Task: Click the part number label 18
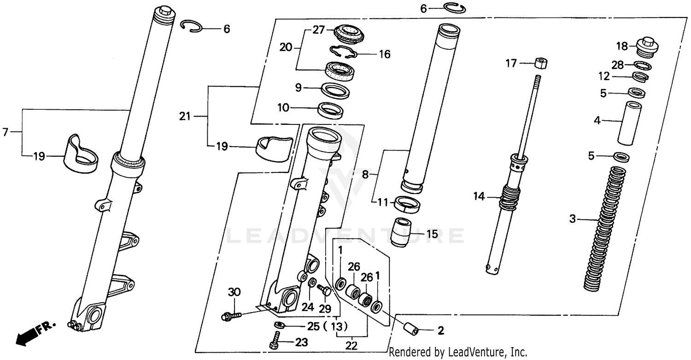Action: point(622,46)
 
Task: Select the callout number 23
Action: point(301,343)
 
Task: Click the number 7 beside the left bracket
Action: point(5,133)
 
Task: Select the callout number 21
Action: point(185,117)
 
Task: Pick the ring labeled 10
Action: point(331,111)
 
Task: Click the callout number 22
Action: point(351,345)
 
